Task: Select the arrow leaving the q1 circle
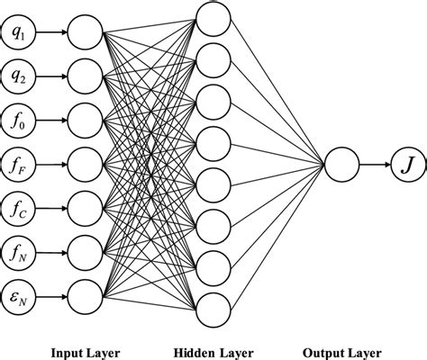point(52,34)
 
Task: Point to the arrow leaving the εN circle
point(52,293)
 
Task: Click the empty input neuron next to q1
point(85,34)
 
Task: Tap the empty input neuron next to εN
point(85,293)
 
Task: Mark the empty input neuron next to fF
point(85,164)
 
